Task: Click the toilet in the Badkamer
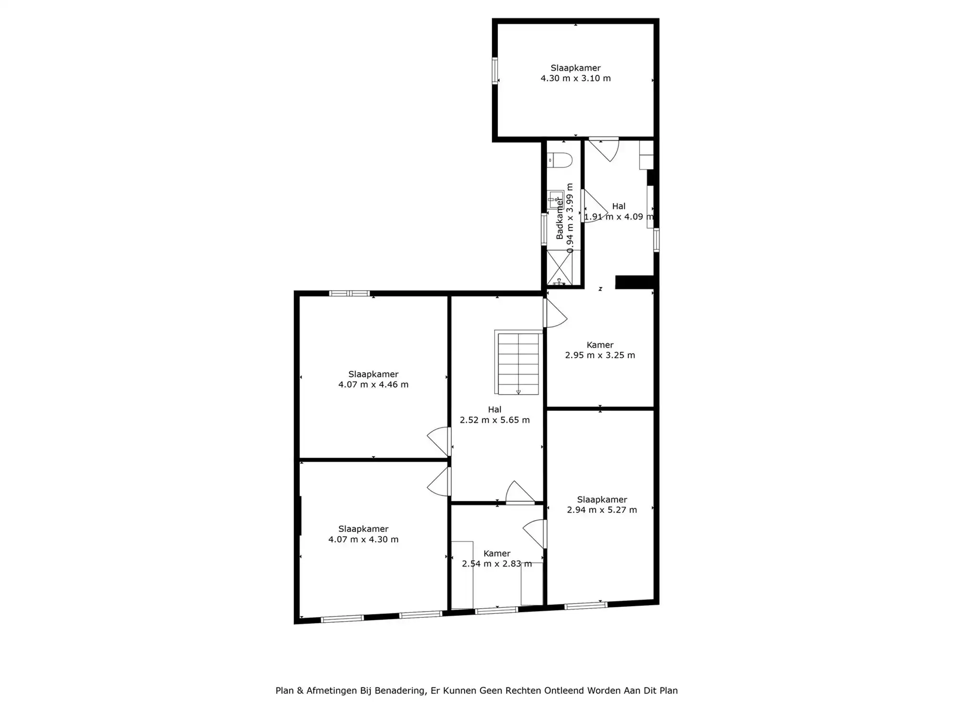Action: (559, 160)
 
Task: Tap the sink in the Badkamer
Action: (556, 199)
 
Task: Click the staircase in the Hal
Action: (518, 362)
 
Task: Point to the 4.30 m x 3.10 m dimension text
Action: (576, 78)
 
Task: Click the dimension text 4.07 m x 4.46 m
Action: (374, 385)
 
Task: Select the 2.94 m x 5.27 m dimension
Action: (602, 510)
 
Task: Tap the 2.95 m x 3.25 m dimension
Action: (600, 355)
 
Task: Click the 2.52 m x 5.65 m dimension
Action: (495, 420)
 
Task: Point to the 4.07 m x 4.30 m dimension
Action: (364, 540)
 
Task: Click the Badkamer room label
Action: (559, 219)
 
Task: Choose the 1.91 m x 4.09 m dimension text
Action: (619, 216)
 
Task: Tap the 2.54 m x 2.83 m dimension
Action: (497, 564)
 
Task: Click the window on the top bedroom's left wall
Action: (495, 71)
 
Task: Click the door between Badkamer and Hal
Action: (594, 206)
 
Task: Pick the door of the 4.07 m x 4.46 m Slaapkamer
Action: (439, 441)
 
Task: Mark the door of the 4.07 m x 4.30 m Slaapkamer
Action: (439, 481)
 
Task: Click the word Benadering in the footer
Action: (400, 691)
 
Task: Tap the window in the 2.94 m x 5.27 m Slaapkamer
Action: (586, 606)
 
